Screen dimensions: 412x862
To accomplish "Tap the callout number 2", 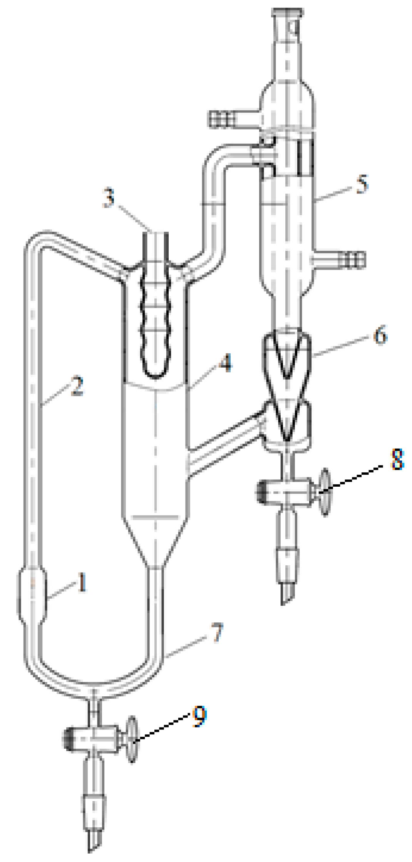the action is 77,386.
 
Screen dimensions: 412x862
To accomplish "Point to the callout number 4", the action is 226,363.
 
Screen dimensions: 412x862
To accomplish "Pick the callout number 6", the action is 380,335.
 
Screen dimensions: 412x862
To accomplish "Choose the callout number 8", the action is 397,459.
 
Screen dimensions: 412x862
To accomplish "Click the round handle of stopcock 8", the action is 325,492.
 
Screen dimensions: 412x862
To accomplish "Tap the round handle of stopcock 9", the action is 132,739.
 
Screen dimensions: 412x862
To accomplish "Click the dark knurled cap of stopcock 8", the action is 263,492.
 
